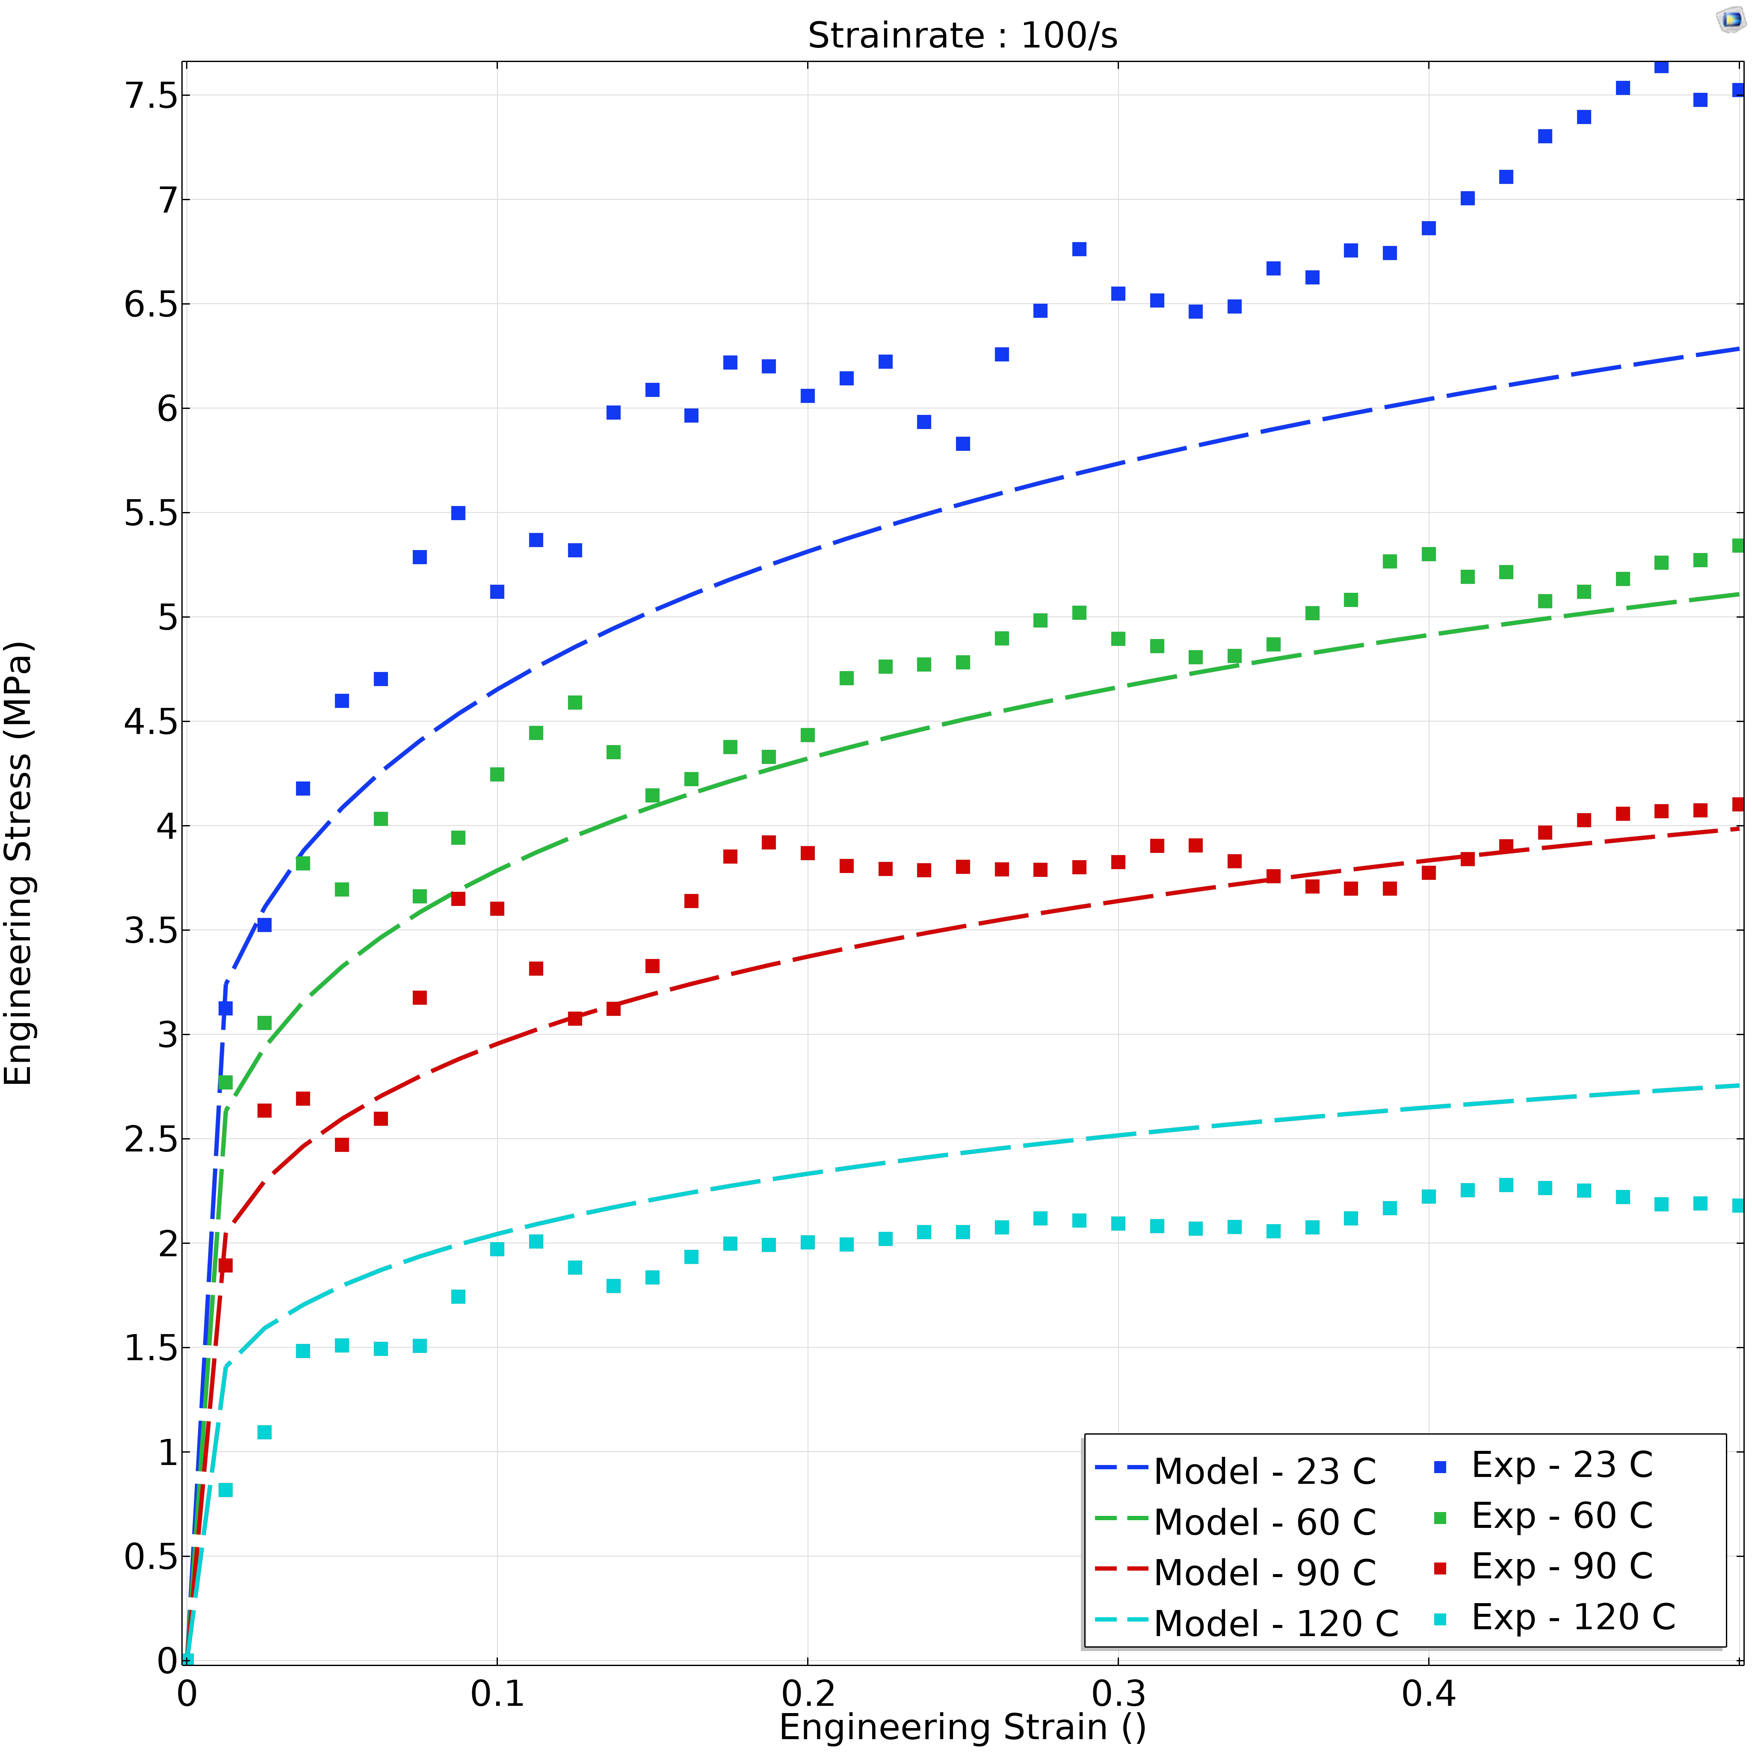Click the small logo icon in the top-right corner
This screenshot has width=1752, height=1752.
point(1731,20)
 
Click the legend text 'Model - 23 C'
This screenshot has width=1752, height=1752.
point(1264,1472)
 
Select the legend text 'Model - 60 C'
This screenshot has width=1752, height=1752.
point(1264,1523)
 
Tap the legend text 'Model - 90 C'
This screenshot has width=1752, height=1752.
point(1264,1573)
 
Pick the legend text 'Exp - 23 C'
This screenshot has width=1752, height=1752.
point(1562,1465)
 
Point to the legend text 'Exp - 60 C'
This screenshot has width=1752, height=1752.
point(1562,1516)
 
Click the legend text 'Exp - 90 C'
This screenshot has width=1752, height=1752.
point(1562,1567)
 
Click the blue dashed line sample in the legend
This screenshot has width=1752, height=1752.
point(1122,1467)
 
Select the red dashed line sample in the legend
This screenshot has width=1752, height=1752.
point(1122,1569)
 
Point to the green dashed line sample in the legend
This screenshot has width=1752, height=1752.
point(1122,1518)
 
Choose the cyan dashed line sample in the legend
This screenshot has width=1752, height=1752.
point(1122,1619)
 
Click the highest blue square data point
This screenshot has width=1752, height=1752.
point(1661,66)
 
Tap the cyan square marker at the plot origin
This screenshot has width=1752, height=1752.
point(188,1660)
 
